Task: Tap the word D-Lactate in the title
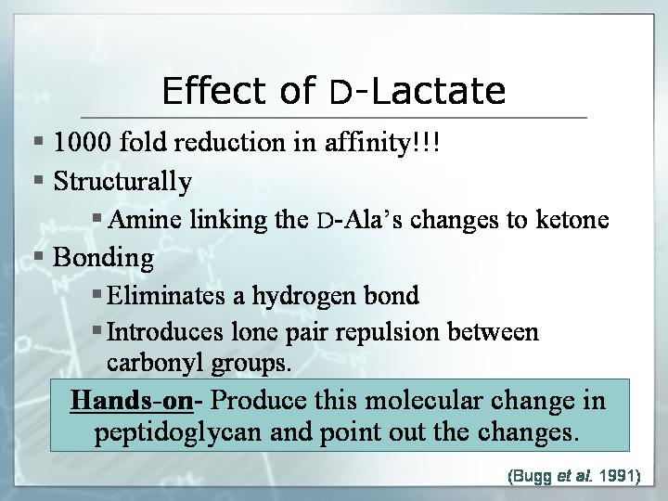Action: pos(417,91)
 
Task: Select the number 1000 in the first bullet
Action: pos(82,141)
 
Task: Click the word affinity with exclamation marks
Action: pos(382,142)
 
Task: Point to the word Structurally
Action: pos(122,181)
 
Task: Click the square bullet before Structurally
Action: pos(39,179)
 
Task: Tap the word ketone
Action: pos(572,219)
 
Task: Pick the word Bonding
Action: pos(103,258)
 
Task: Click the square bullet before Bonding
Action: pos(39,256)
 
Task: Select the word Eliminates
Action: pos(165,295)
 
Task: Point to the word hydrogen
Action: pos(303,296)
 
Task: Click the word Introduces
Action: pos(164,331)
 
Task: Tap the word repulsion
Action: pos(387,333)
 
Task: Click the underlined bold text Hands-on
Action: pos(132,401)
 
